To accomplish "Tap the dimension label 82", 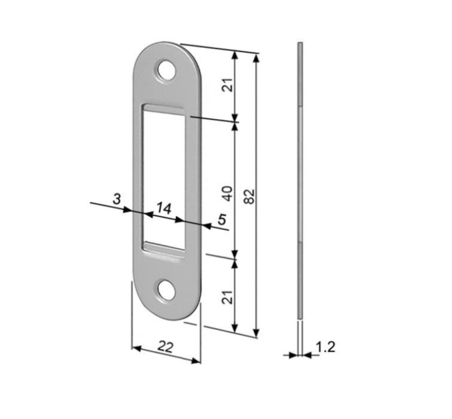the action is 250,197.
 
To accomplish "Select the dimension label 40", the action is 228,194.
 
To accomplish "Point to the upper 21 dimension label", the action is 228,84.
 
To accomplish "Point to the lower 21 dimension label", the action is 228,297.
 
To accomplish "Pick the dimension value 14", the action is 164,208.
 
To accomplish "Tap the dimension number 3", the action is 116,199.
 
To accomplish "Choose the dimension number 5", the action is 221,219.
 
